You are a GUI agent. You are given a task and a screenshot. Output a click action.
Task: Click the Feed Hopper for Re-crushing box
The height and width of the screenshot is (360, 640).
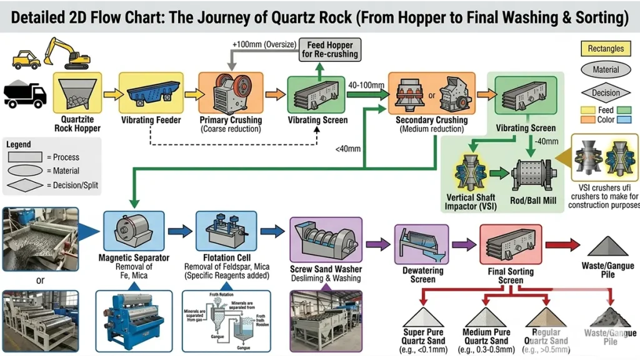tap(329, 49)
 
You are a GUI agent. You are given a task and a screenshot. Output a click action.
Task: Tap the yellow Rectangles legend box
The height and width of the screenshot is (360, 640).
tap(606, 48)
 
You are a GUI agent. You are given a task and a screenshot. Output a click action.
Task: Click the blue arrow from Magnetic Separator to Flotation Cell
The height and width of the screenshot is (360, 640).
tap(180, 231)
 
